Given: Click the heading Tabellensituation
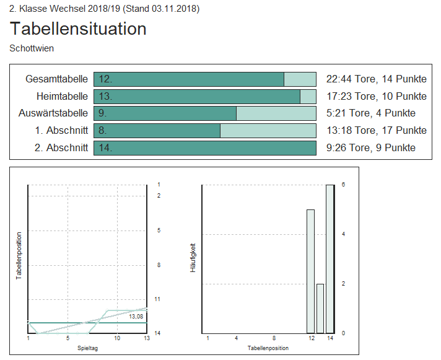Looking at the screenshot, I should pyautogui.click(x=78, y=29).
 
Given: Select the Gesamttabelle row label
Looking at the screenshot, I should pyautogui.click(x=56, y=79).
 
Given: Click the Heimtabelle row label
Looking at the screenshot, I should pyautogui.click(x=62, y=96).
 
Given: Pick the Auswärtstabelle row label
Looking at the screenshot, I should pyautogui.click(x=53, y=113).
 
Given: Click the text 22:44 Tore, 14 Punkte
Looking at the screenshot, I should pyautogui.click(x=376, y=79).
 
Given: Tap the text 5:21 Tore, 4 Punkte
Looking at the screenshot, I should pyautogui.click(x=370, y=113).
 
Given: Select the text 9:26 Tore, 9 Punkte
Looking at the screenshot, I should pyautogui.click(x=370, y=147).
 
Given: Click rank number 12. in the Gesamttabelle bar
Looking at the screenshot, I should pyautogui.click(x=105, y=79).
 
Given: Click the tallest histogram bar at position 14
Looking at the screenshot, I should pyautogui.click(x=330, y=259).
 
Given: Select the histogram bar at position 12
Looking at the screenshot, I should pyautogui.click(x=310, y=271).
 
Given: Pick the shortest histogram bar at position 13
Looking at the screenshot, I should pyautogui.click(x=320, y=309).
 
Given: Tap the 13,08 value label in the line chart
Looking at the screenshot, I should pyautogui.click(x=136, y=317).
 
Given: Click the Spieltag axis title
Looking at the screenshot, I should pyautogui.click(x=87, y=348).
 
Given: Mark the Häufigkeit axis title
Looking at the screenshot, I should pyautogui.click(x=193, y=258).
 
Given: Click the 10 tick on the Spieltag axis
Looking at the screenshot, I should pyautogui.click(x=117, y=338).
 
